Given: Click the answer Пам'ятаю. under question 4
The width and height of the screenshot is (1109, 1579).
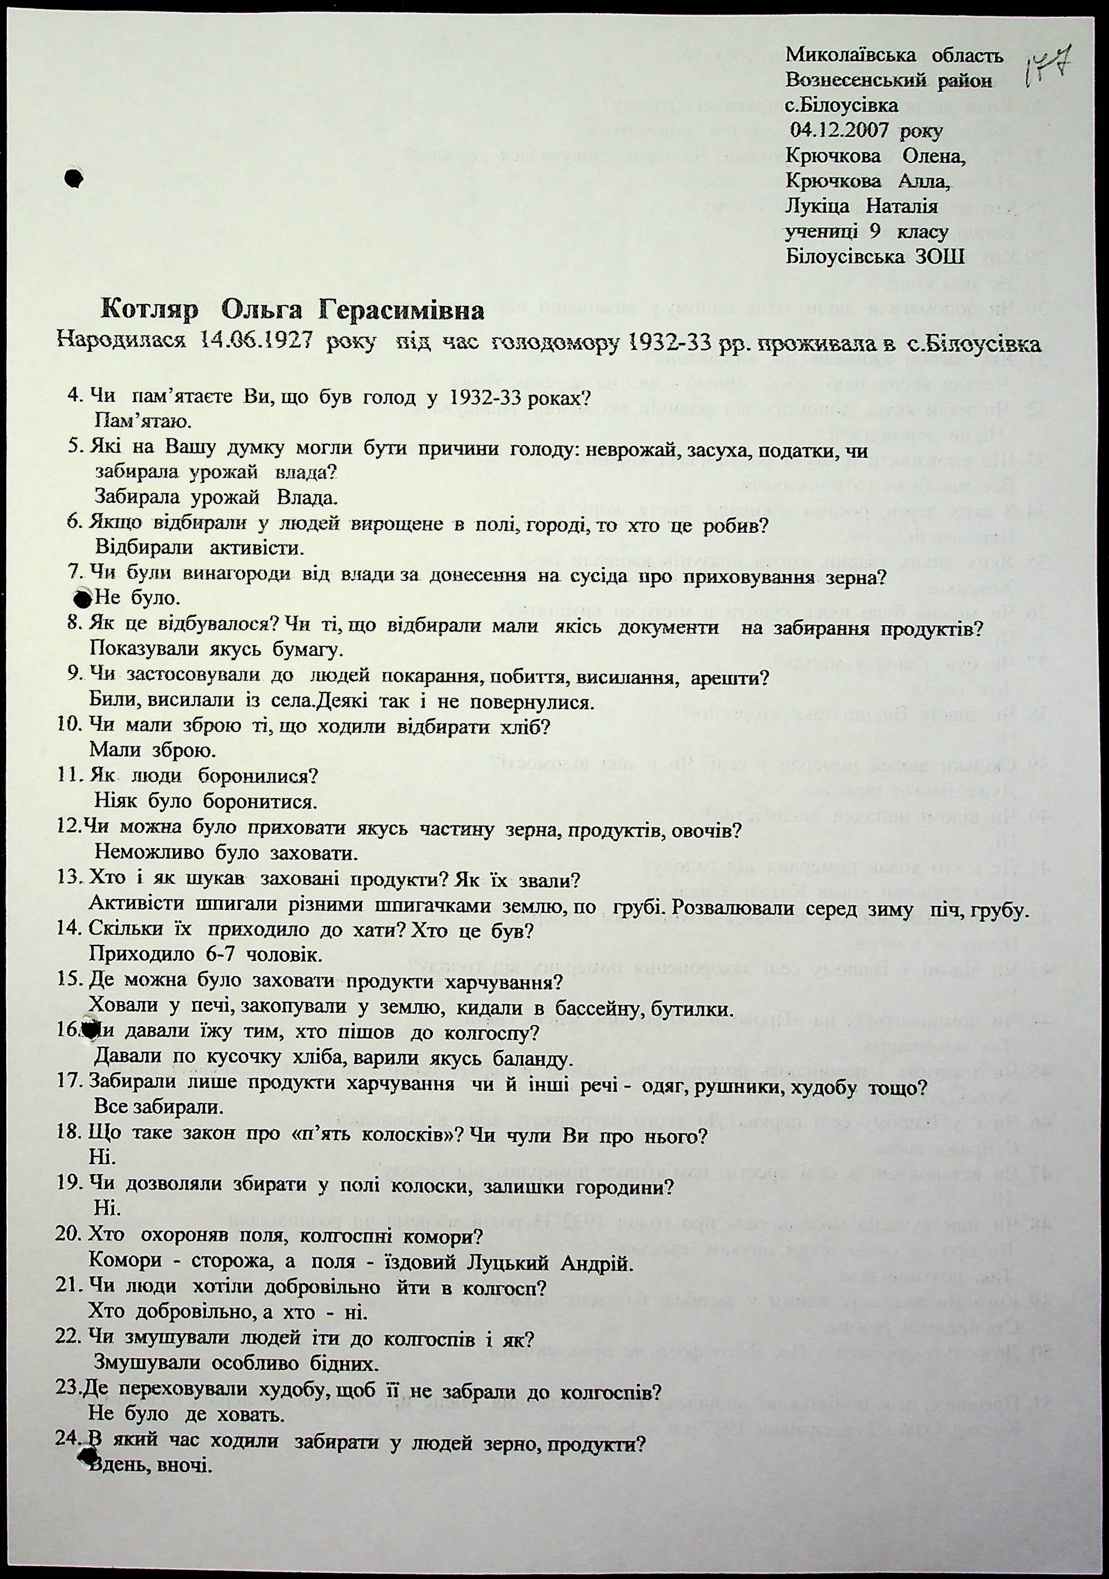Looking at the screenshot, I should tap(143, 420).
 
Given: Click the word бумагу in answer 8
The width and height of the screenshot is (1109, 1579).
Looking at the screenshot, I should tap(307, 649).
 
